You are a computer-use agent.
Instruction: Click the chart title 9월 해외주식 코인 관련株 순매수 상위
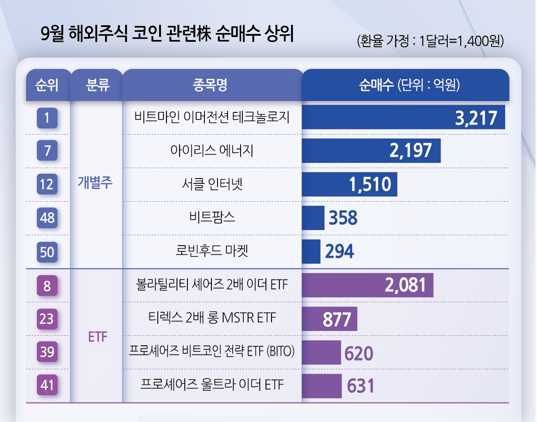tap(167, 34)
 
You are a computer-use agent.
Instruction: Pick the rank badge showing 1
tap(47, 118)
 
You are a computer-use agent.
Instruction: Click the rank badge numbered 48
tap(47, 218)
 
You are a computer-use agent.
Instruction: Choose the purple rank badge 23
tap(47, 319)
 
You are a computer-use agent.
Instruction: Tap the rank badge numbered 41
tap(47, 385)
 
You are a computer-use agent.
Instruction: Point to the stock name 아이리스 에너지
tap(212, 151)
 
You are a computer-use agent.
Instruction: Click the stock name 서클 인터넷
tap(212, 184)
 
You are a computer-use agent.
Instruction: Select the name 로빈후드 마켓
tap(212, 251)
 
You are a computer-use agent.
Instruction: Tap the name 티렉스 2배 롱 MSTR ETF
tap(212, 318)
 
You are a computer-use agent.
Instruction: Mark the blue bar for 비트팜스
tap(313, 218)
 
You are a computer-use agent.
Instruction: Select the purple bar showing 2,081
tap(367, 285)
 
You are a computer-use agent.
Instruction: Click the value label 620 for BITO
tap(359, 353)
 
